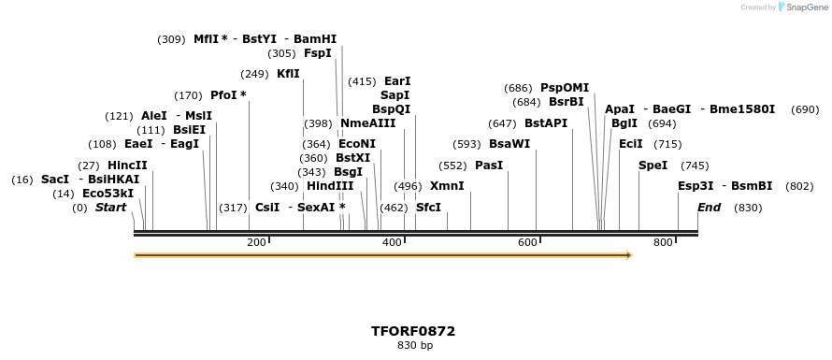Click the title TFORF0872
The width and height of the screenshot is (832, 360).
(x=413, y=331)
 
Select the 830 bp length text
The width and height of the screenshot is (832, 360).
(x=414, y=346)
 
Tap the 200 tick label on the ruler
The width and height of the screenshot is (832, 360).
(x=256, y=243)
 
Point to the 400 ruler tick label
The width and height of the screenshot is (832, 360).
(x=392, y=243)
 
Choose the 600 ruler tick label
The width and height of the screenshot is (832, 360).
(x=527, y=243)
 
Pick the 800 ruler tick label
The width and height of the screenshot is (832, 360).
(x=663, y=243)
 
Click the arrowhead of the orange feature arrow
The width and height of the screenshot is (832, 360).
(x=628, y=255)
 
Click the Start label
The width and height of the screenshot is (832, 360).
(x=110, y=208)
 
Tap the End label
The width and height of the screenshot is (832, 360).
(x=709, y=208)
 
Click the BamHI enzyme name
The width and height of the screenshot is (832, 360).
(x=315, y=39)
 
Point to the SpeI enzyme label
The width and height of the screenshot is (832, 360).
(x=653, y=166)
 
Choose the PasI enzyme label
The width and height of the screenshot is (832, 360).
(x=489, y=166)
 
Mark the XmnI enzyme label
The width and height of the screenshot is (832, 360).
(x=447, y=186)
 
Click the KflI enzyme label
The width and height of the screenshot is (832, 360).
(x=288, y=74)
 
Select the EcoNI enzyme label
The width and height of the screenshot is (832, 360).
(x=357, y=144)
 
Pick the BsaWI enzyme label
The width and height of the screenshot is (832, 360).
(x=509, y=144)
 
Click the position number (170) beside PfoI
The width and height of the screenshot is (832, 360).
(x=188, y=95)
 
